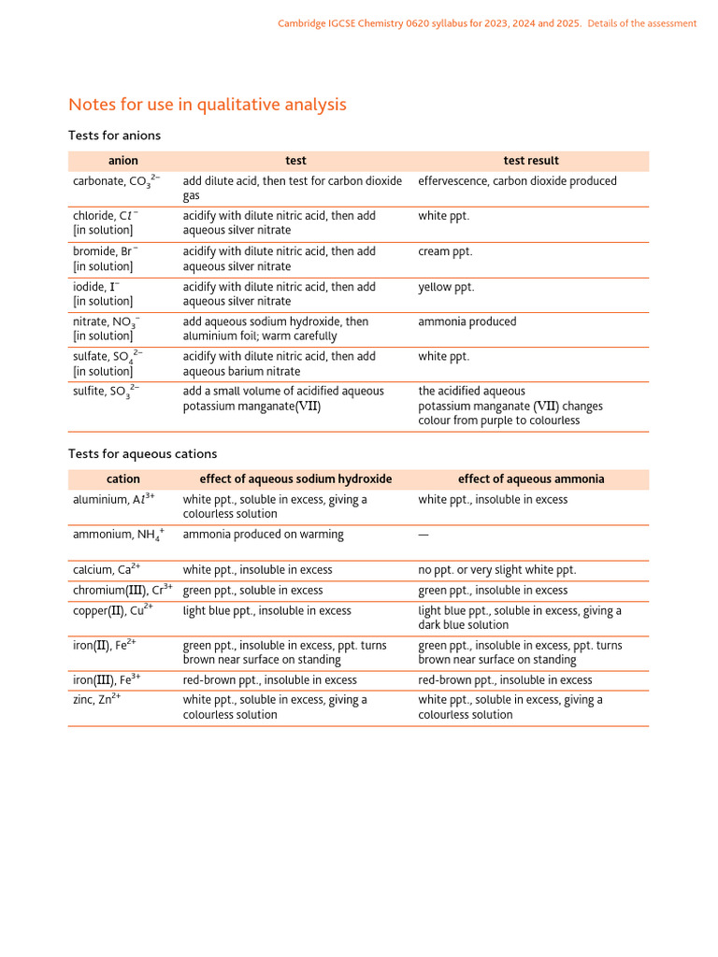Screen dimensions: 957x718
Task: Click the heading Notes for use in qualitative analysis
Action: pyautogui.click(x=208, y=105)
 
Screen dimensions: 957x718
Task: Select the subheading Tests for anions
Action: pyautogui.click(x=114, y=136)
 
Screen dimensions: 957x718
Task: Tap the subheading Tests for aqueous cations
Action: pyautogui.click(x=142, y=454)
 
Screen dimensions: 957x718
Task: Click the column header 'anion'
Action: pyautogui.click(x=122, y=161)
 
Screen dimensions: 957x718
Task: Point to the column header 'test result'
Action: pyautogui.click(x=530, y=161)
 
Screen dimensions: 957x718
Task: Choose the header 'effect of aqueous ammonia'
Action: pyautogui.click(x=530, y=479)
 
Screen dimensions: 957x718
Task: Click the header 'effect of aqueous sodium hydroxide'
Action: pyautogui.click(x=295, y=479)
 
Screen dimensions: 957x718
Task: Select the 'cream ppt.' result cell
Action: pyautogui.click(x=445, y=251)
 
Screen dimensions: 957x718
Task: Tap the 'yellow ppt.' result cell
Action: pyautogui.click(x=446, y=287)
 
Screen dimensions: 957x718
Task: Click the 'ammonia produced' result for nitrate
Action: pyautogui.click(x=467, y=321)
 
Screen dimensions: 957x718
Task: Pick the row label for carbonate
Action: pyautogui.click(x=116, y=181)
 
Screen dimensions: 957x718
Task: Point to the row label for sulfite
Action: pyautogui.click(x=107, y=392)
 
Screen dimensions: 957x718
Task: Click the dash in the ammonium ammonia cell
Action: pyautogui.click(x=424, y=536)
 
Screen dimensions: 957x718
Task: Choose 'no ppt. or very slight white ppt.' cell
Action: pyautogui.click(x=496, y=570)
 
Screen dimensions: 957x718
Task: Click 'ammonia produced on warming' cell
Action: pyautogui.click(x=263, y=536)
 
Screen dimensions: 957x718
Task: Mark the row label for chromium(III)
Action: pyautogui.click(x=122, y=591)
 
